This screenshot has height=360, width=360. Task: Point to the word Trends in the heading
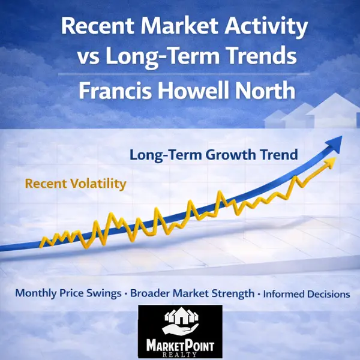[262, 59]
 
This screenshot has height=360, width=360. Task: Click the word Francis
[118, 91]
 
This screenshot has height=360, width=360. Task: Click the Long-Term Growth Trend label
[214, 155]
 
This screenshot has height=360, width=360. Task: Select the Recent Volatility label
[76, 184]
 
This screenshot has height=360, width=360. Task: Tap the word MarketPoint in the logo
[180, 344]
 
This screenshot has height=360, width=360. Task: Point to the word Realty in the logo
[180, 355]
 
